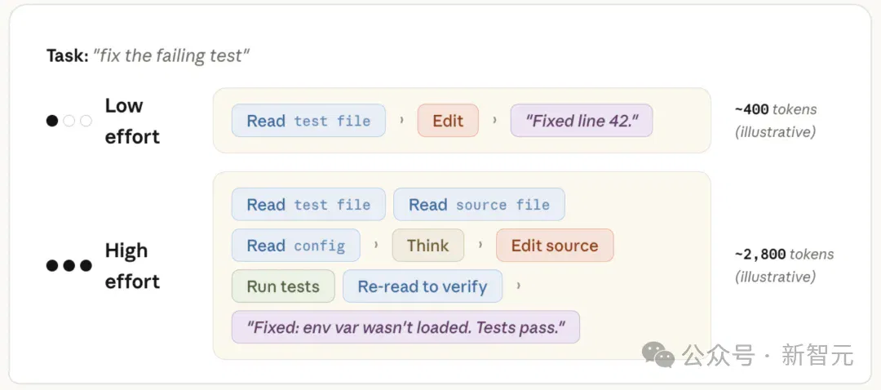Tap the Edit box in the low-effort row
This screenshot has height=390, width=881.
tap(448, 120)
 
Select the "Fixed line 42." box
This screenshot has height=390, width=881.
tap(582, 120)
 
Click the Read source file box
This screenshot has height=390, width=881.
tap(480, 205)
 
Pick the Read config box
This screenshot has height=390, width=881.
tap(296, 245)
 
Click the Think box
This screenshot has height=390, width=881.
tap(428, 245)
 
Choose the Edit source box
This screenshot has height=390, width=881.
tap(555, 245)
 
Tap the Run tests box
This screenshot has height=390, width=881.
tap(283, 286)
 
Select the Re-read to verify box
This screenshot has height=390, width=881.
tap(423, 286)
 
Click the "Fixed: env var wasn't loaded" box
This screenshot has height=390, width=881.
tap(405, 327)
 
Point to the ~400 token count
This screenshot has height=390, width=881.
tap(752, 109)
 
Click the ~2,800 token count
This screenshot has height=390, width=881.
tap(760, 254)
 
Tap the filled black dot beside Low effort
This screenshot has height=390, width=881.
tap(52, 121)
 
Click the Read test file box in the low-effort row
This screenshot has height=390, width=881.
tap(308, 120)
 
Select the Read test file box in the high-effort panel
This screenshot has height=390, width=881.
tap(308, 205)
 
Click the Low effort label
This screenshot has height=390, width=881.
tap(132, 121)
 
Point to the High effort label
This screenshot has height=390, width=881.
tap(132, 265)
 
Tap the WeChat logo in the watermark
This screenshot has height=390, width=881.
tap(658, 353)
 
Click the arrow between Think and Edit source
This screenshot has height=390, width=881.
tap(480, 245)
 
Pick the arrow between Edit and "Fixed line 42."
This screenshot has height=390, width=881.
tap(494, 120)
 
